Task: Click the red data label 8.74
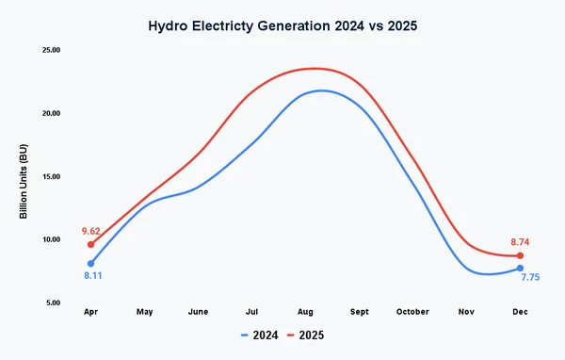tap(521, 242)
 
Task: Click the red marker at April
tap(91, 244)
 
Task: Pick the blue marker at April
tap(91, 264)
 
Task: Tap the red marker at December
tap(520, 256)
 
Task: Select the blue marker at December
tap(520, 269)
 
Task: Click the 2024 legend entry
tap(259, 335)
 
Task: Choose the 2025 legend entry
tap(306, 335)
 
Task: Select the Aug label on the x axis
tap(306, 312)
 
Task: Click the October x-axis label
tap(412, 312)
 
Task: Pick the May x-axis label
tap(145, 312)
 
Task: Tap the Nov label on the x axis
tap(466, 312)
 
